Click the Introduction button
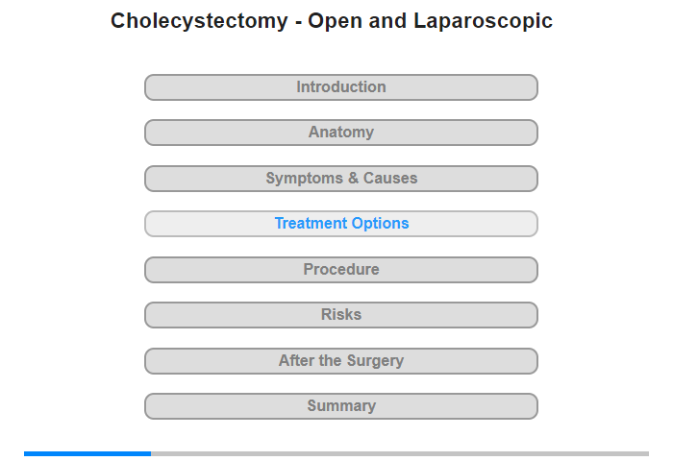(340, 87)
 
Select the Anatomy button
(340, 133)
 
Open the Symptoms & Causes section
(340, 179)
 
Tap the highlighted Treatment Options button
(340, 224)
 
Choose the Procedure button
(340, 270)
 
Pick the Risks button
(340, 315)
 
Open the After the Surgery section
(340, 361)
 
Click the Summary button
(340, 406)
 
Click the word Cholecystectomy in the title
(199, 21)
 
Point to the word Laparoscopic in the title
(483, 21)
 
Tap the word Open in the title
(335, 21)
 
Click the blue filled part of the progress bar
(87, 453)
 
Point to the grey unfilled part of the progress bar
(400, 453)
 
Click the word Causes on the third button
(390, 178)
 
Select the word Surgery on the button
(375, 361)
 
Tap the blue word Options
(381, 224)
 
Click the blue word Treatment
(312, 223)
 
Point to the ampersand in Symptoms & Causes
(353, 178)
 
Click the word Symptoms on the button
(305, 179)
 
